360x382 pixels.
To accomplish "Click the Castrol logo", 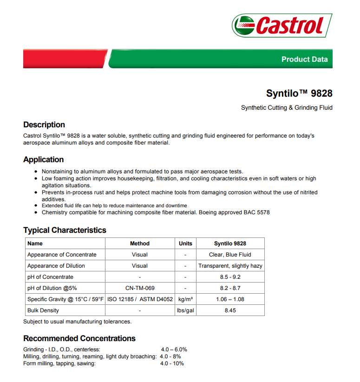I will (x=281, y=25).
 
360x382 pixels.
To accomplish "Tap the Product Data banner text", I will (x=304, y=59).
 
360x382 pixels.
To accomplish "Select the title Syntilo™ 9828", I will (x=299, y=93).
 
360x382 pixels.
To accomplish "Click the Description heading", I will (x=44, y=125).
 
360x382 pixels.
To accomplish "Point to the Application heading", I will (x=44, y=159).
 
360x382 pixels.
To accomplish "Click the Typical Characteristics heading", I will (x=65, y=230).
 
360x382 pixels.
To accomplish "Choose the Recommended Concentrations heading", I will (x=79, y=338).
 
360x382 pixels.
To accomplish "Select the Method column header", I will (x=139, y=244).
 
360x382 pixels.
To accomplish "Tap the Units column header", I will (x=185, y=244).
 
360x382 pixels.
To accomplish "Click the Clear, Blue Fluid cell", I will (x=230, y=255).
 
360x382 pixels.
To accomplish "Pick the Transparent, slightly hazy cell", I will (x=230, y=266).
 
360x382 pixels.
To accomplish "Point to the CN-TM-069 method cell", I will (x=139, y=288).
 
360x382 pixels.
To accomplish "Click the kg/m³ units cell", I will (x=185, y=299).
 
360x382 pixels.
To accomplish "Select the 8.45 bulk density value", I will (x=230, y=310).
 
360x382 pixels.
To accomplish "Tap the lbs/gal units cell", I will (x=185, y=310).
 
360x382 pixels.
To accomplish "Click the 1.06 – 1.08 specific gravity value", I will (x=230, y=299).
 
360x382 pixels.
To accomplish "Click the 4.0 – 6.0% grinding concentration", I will (x=174, y=349).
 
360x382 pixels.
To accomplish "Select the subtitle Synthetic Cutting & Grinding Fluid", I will (x=287, y=108).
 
